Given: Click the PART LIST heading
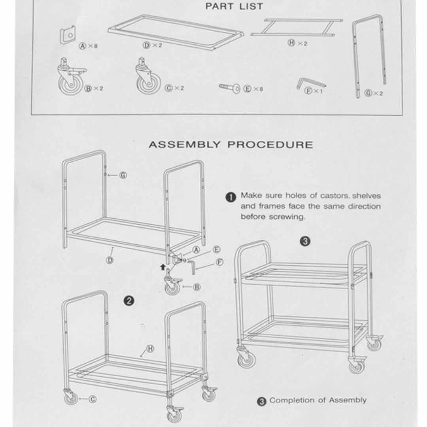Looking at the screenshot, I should click(x=234, y=6).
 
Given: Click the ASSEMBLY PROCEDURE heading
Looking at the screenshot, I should click(x=231, y=145).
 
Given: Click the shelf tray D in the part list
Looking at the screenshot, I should click(x=176, y=31).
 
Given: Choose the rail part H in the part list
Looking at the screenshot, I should click(x=297, y=28).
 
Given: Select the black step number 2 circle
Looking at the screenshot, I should click(x=129, y=301).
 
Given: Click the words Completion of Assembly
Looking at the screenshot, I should click(x=318, y=400).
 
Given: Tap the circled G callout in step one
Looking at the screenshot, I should click(x=123, y=175).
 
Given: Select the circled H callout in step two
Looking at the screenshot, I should click(x=150, y=348).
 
